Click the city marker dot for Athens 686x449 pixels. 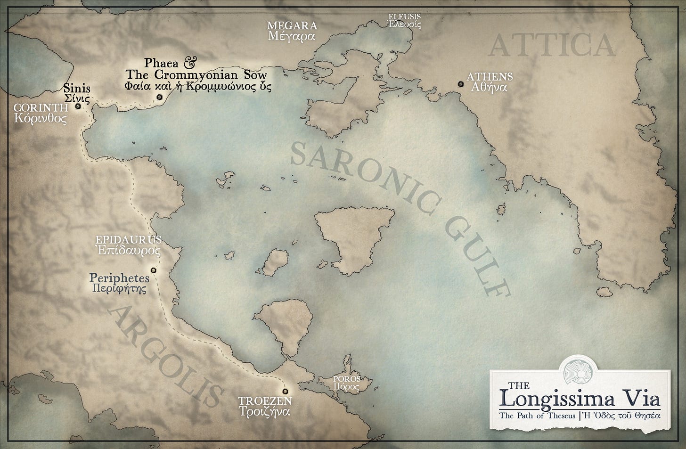click(x=460, y=84)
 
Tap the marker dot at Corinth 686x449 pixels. click(x=78, y=106)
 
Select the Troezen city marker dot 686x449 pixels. click(x=284, y=392)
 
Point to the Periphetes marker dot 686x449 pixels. click(x=153, y=270)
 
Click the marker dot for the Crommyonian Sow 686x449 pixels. click(x=159, y=97)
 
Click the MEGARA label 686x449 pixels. click(x=292, y=25)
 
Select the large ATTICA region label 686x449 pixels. click(x=553, y=46)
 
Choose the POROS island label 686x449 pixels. click(x=346, y=378)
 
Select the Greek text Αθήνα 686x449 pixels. click(x=490, y=87)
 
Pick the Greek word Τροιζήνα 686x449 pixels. click(x=264, y=411)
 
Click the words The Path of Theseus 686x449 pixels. click(x=537, y=416)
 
